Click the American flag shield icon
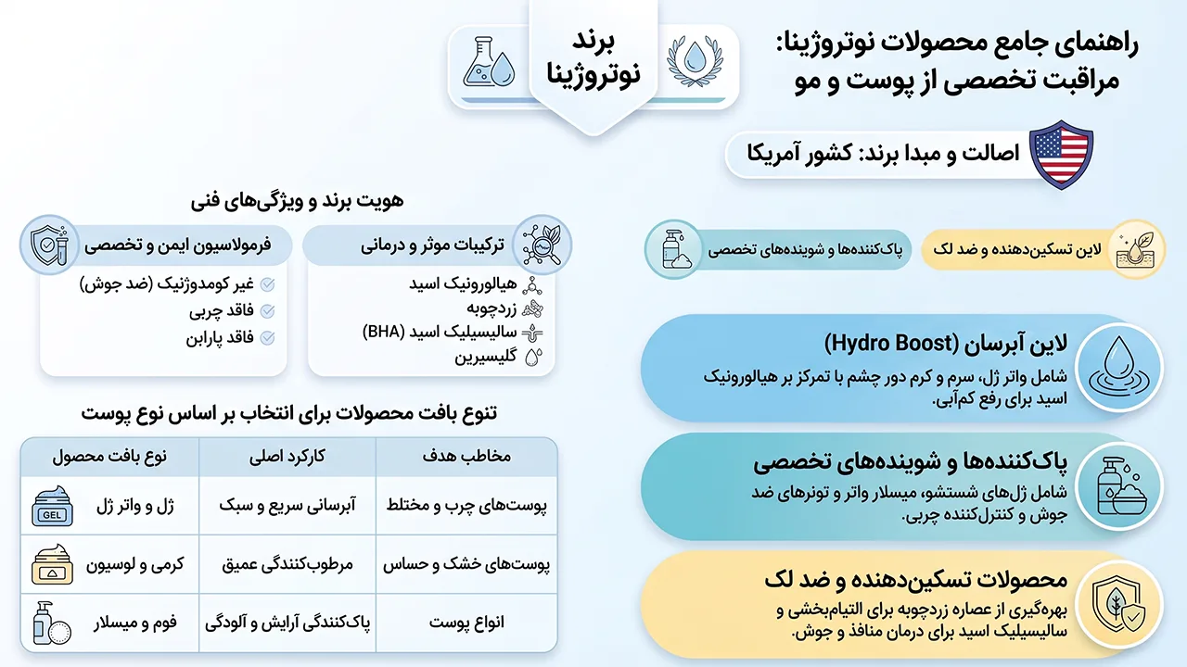(x=1061, y=155)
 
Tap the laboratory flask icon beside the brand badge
(x=489, y=61)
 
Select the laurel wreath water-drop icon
(x=695, y=61)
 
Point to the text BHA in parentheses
(x=384, y=332)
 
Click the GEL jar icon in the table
(x=52, y=506)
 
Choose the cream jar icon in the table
(x=52, y=564)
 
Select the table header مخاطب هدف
(x=466, y=457)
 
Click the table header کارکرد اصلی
(x=287, y=457)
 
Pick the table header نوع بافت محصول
(x=109, y=457)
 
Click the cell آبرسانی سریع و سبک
(x=287, y=505)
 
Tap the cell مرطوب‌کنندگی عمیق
(x=287, y=564)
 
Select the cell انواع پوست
(x=466, y=623)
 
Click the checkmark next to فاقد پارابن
(x=268, y=337)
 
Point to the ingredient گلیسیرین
(x=485, y=357)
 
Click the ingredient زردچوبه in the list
(x=491, y=308)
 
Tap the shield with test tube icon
(x=50, y=245)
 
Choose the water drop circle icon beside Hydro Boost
(x=1119, y=368)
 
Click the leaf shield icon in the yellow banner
(x=1119, y=605)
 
